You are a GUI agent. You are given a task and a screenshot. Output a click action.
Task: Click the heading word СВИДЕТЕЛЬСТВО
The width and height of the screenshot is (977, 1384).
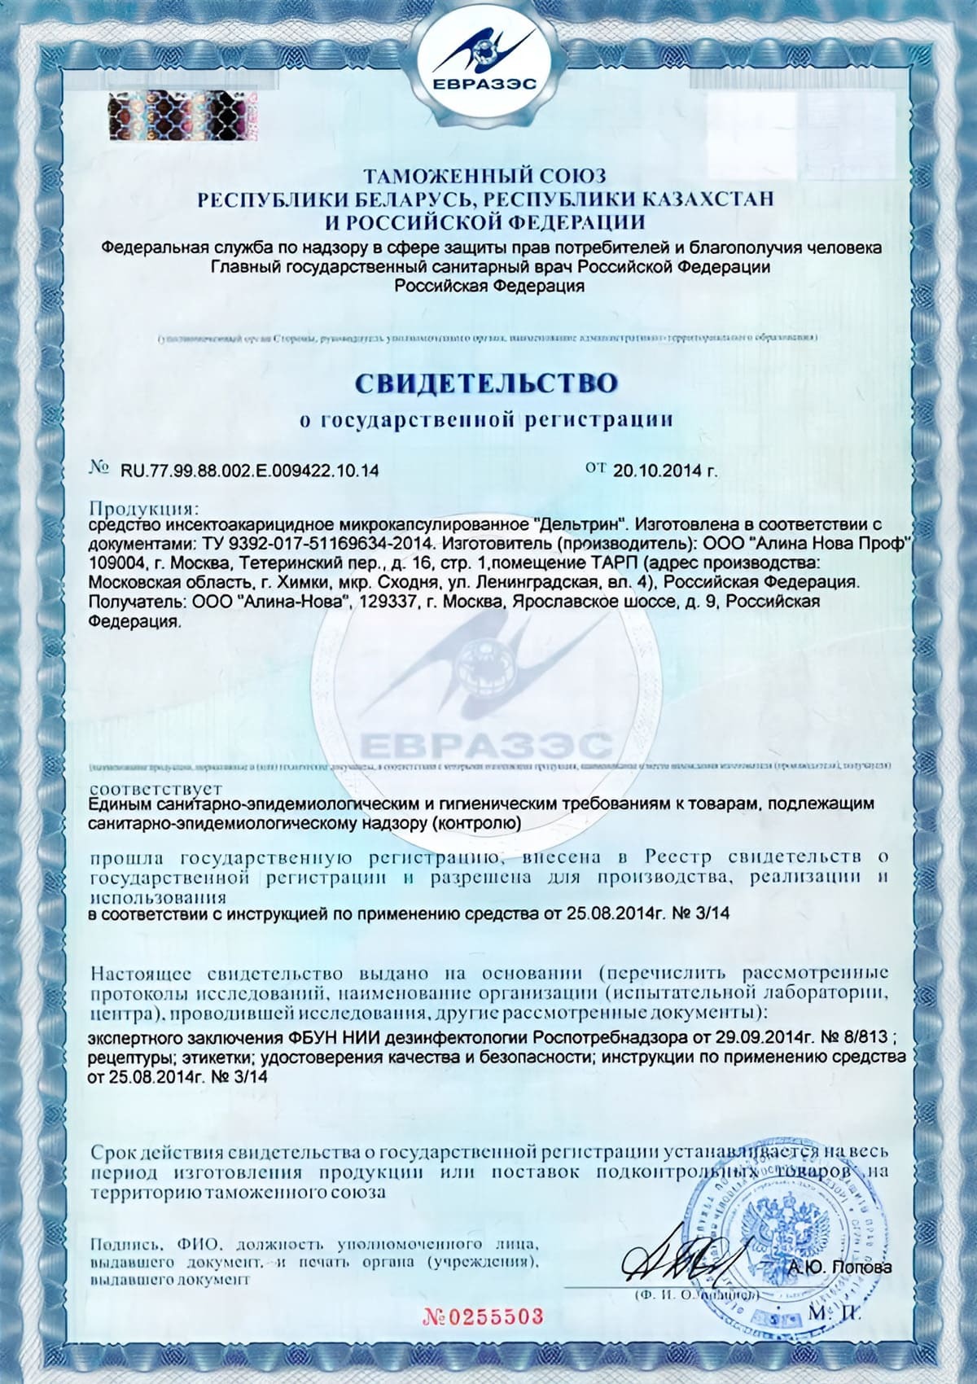pos(485,383)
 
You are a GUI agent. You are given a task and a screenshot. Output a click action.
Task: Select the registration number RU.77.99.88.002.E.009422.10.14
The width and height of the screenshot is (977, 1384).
pos(249,471)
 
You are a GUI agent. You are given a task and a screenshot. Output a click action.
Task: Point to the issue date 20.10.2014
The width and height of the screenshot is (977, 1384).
pos(659,470)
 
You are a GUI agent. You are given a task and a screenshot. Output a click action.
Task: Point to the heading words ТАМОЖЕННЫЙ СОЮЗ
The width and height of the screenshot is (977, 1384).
pos(484,176)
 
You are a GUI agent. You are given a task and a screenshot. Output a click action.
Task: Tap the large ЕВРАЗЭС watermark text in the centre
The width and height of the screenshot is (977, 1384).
pos(484,743)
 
